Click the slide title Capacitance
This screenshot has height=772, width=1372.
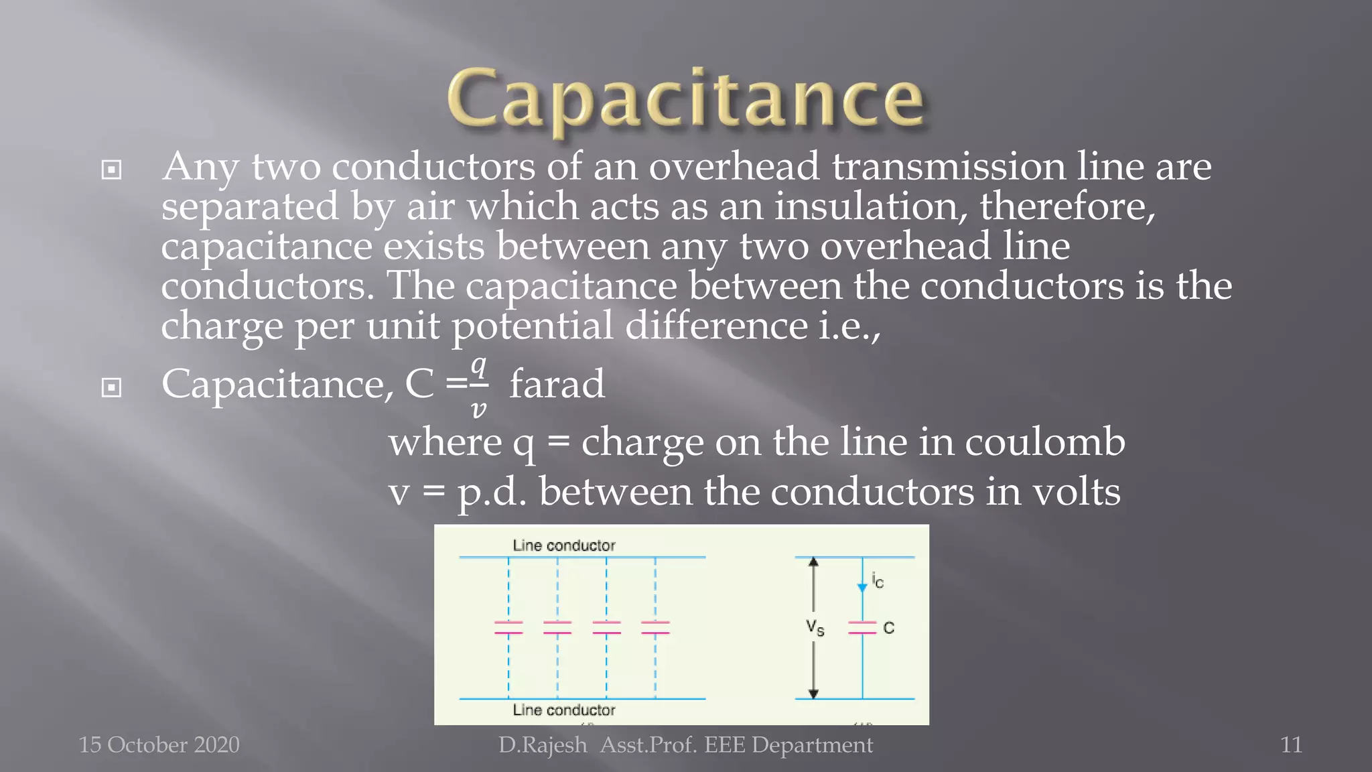point(685,99)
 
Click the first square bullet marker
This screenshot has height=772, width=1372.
point(111,170)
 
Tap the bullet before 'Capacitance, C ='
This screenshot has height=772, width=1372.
point(111,387)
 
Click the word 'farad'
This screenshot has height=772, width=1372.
point(557,385)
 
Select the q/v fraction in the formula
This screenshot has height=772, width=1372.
point(478,387)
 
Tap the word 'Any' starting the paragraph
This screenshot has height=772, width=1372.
point(200,168)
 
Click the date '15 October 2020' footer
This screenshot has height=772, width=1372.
point(159,745)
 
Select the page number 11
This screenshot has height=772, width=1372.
point(1291,745)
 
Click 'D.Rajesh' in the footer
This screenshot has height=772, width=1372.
point(542,745)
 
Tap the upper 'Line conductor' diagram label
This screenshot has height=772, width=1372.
point(563,545)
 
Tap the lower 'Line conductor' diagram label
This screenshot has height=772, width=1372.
point(563,710)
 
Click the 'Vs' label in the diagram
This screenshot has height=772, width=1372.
point(815,628)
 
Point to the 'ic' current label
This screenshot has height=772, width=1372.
point(878,580)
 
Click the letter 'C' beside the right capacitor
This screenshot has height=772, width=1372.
point(889,628)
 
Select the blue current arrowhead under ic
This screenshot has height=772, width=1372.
point(862,588)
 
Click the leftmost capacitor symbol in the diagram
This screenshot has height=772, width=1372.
point(508,627)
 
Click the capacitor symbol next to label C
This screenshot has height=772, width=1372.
point(862,627)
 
